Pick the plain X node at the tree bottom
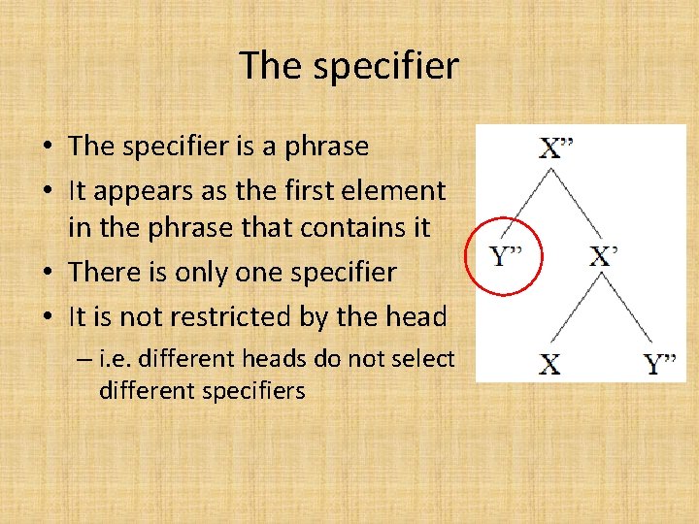coord(549,366)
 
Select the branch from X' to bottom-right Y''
coord(629,311)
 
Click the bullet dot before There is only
coord(49,273)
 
